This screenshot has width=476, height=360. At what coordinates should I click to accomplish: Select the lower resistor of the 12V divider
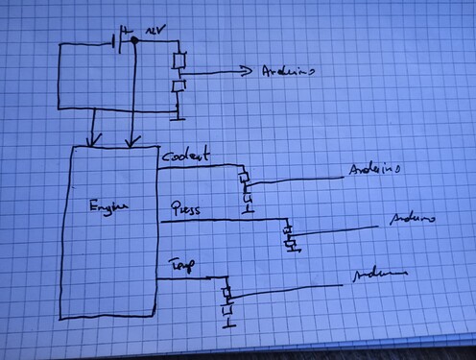tap(178, 87)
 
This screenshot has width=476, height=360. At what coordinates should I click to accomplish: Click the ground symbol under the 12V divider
tap(177, 118)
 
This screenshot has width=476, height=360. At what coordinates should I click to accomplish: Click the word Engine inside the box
tap(107, 206)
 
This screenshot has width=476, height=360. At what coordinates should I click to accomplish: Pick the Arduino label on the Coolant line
tap(372, 169)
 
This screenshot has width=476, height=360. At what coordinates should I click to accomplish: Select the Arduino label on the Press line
tap(411, 220)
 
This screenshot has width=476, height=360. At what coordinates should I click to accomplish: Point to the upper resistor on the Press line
tap(288, 229)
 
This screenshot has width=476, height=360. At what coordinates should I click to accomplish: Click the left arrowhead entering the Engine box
tap(93, 142)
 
